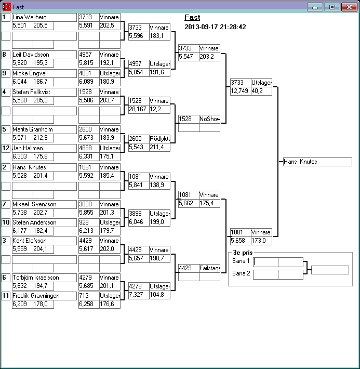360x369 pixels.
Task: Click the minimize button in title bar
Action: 315,7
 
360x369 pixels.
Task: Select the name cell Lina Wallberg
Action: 44,17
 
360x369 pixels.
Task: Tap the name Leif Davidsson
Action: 44,55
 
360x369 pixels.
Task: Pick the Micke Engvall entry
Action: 44,73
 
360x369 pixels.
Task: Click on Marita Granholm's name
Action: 44,129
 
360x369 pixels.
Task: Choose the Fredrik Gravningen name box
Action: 44,296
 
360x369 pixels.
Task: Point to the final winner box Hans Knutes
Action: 317,162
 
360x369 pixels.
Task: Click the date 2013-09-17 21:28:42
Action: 215,27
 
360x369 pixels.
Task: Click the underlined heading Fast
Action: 192,18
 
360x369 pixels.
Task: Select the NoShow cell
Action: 209,119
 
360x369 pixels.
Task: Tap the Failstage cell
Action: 209,268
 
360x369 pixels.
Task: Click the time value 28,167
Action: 138,109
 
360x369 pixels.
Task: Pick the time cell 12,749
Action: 241,91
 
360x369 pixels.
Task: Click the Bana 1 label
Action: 241,261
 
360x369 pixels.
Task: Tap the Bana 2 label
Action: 241,273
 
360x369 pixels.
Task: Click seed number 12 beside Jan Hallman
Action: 6,148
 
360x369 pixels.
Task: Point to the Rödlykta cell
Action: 159,139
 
